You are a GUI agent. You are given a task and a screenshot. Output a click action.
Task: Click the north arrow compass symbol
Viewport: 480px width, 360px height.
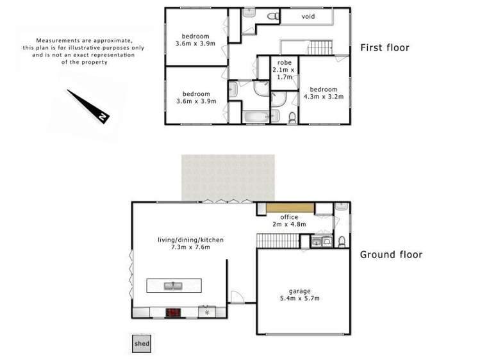pyautogui.click(x=90, y=105)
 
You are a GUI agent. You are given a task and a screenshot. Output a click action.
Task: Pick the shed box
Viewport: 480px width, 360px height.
pyautogui.click(x=142, y=343)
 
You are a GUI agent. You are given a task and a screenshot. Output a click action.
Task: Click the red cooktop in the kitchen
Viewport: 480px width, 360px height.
pyautogui.click(x=173, y=313)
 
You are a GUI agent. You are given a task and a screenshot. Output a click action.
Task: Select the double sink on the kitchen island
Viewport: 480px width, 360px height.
pyautogui.click(x=172, y=285)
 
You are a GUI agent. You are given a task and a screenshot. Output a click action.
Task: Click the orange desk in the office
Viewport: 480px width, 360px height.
pyautogui.click(x=290, y=208)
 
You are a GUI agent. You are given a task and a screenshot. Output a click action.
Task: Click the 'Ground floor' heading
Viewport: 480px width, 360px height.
pyautogui.click(x=391, y=254)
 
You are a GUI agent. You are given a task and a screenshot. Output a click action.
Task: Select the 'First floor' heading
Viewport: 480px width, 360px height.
pyautogui.click(x=385, y=47)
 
